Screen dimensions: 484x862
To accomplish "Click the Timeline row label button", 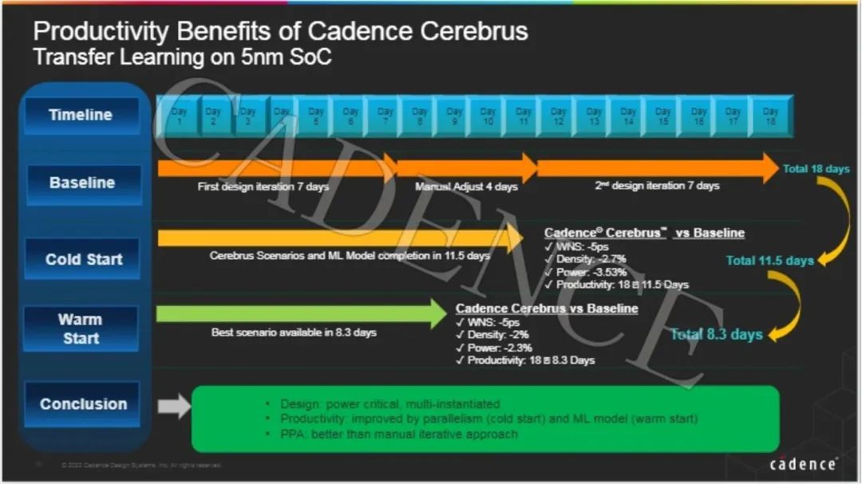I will (81, 115).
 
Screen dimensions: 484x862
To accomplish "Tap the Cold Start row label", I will (84, 259).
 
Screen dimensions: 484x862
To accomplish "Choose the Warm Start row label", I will (80, 329).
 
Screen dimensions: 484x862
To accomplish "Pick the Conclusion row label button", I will (83, 404).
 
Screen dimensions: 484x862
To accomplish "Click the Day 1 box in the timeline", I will (179, 116).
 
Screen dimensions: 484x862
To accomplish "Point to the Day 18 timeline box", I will (769, 116).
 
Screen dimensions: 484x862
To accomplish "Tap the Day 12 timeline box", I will (559, 116).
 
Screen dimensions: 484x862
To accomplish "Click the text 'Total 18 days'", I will (816, 169).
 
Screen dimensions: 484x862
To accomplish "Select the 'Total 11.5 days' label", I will (769, 261).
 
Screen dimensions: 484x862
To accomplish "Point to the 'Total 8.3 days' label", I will (716, 334).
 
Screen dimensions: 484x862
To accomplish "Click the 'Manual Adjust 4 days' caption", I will (466, 187).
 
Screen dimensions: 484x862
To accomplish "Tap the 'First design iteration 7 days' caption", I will (263, 187).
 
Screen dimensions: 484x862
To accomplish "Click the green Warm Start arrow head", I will (438, 313).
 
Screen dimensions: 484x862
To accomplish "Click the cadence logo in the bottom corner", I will (803, 463).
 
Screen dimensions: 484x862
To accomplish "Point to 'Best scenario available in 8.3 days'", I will (294, 332).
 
